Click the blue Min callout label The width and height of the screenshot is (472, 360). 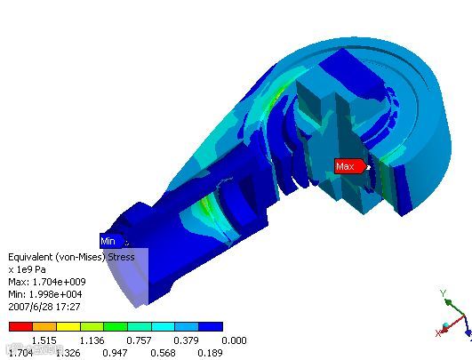pos(112,241)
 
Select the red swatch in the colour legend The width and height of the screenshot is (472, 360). pos(20,326)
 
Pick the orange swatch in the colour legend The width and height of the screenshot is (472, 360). pos(44,326)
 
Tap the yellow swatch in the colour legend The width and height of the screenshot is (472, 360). pos(68,326)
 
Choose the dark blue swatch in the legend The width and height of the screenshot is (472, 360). pos(211,326)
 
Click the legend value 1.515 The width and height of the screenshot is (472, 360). pos(44,340)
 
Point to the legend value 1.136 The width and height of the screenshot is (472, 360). pos(92,340)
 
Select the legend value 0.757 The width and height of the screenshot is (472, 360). pos(139,340)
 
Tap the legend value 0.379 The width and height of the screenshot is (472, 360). pos(186,340)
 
